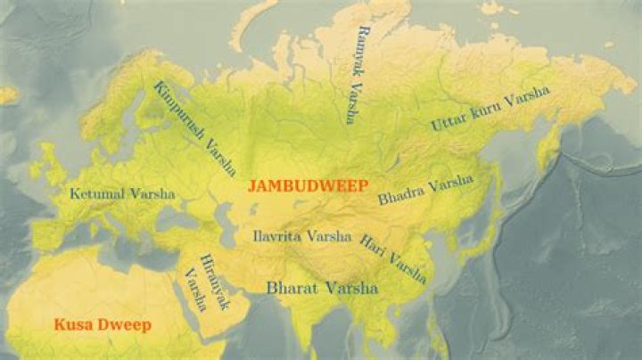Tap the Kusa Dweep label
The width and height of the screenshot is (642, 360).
click(x=102, y=324)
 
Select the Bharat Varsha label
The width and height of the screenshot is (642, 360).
click(x=322, y=289)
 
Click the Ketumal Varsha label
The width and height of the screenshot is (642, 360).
click(x=123, y=193)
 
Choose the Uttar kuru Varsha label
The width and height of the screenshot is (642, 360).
click(x=490, y=110)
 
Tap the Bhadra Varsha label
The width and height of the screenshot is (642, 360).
click(x=425, y=190)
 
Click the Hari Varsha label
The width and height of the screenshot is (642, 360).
click(x=392, y=258)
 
